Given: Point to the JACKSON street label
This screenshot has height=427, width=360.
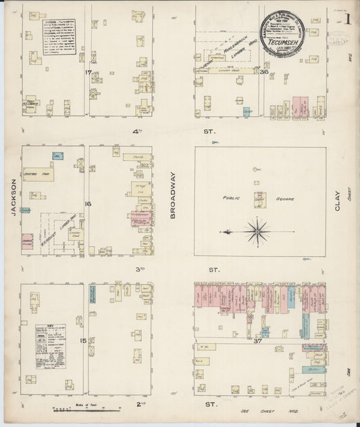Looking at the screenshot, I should point(12,196).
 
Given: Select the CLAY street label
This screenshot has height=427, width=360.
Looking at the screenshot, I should point(338,200).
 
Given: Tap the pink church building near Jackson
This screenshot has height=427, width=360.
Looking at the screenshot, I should point(28,242).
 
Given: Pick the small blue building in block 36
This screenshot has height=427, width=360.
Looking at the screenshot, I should point(247,111).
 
